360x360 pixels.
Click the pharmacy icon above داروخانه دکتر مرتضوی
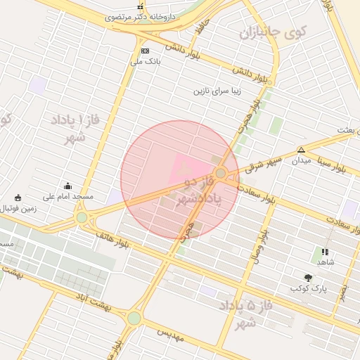coord(139,6)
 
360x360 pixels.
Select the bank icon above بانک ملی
coord(145,51)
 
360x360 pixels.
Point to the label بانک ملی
coord(146,61)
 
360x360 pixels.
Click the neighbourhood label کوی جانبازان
coord(274,32)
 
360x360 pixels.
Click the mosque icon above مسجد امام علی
coord(67,186)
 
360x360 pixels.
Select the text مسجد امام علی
coord(63,197)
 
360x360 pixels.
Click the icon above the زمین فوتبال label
coord(18,198)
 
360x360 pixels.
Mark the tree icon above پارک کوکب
coord(308,278)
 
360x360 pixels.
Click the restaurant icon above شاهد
coord(324,251)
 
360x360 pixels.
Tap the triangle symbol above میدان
coord(301,150)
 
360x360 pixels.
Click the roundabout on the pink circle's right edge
coord(221,173)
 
